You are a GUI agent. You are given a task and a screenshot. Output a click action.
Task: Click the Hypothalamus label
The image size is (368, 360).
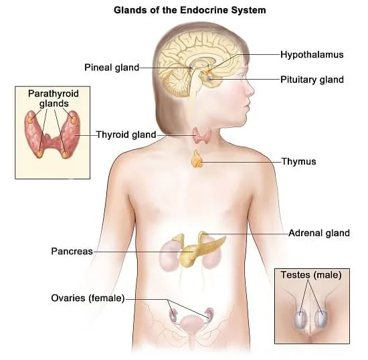click(312, 55)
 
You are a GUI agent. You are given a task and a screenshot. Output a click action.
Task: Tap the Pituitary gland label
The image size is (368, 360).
click(312, 80)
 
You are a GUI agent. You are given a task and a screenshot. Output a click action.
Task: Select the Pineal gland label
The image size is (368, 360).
click(112, 68)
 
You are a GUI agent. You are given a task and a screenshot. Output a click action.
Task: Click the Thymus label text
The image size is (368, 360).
click(299, 161)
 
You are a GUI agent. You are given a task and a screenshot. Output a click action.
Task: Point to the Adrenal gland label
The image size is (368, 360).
click(319, 233)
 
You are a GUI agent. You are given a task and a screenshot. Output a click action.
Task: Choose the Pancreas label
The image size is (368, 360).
click(72, 252)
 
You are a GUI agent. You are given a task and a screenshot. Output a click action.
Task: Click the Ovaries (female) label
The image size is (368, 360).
click(88, 298)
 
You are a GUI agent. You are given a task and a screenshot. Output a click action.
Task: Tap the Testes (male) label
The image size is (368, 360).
click(311, 275)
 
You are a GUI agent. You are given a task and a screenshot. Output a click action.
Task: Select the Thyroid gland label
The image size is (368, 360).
click(126, 134)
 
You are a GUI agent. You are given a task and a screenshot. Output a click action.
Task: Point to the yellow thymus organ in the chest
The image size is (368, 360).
click(197, 159)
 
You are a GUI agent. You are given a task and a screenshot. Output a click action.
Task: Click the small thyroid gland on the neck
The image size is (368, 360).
click(202, 136)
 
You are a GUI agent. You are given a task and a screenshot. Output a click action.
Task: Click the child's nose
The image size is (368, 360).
click(250, 90)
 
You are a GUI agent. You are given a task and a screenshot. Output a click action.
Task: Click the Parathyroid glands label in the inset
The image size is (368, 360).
click(54, 98)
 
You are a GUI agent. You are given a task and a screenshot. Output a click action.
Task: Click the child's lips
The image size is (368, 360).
click(246, 108)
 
